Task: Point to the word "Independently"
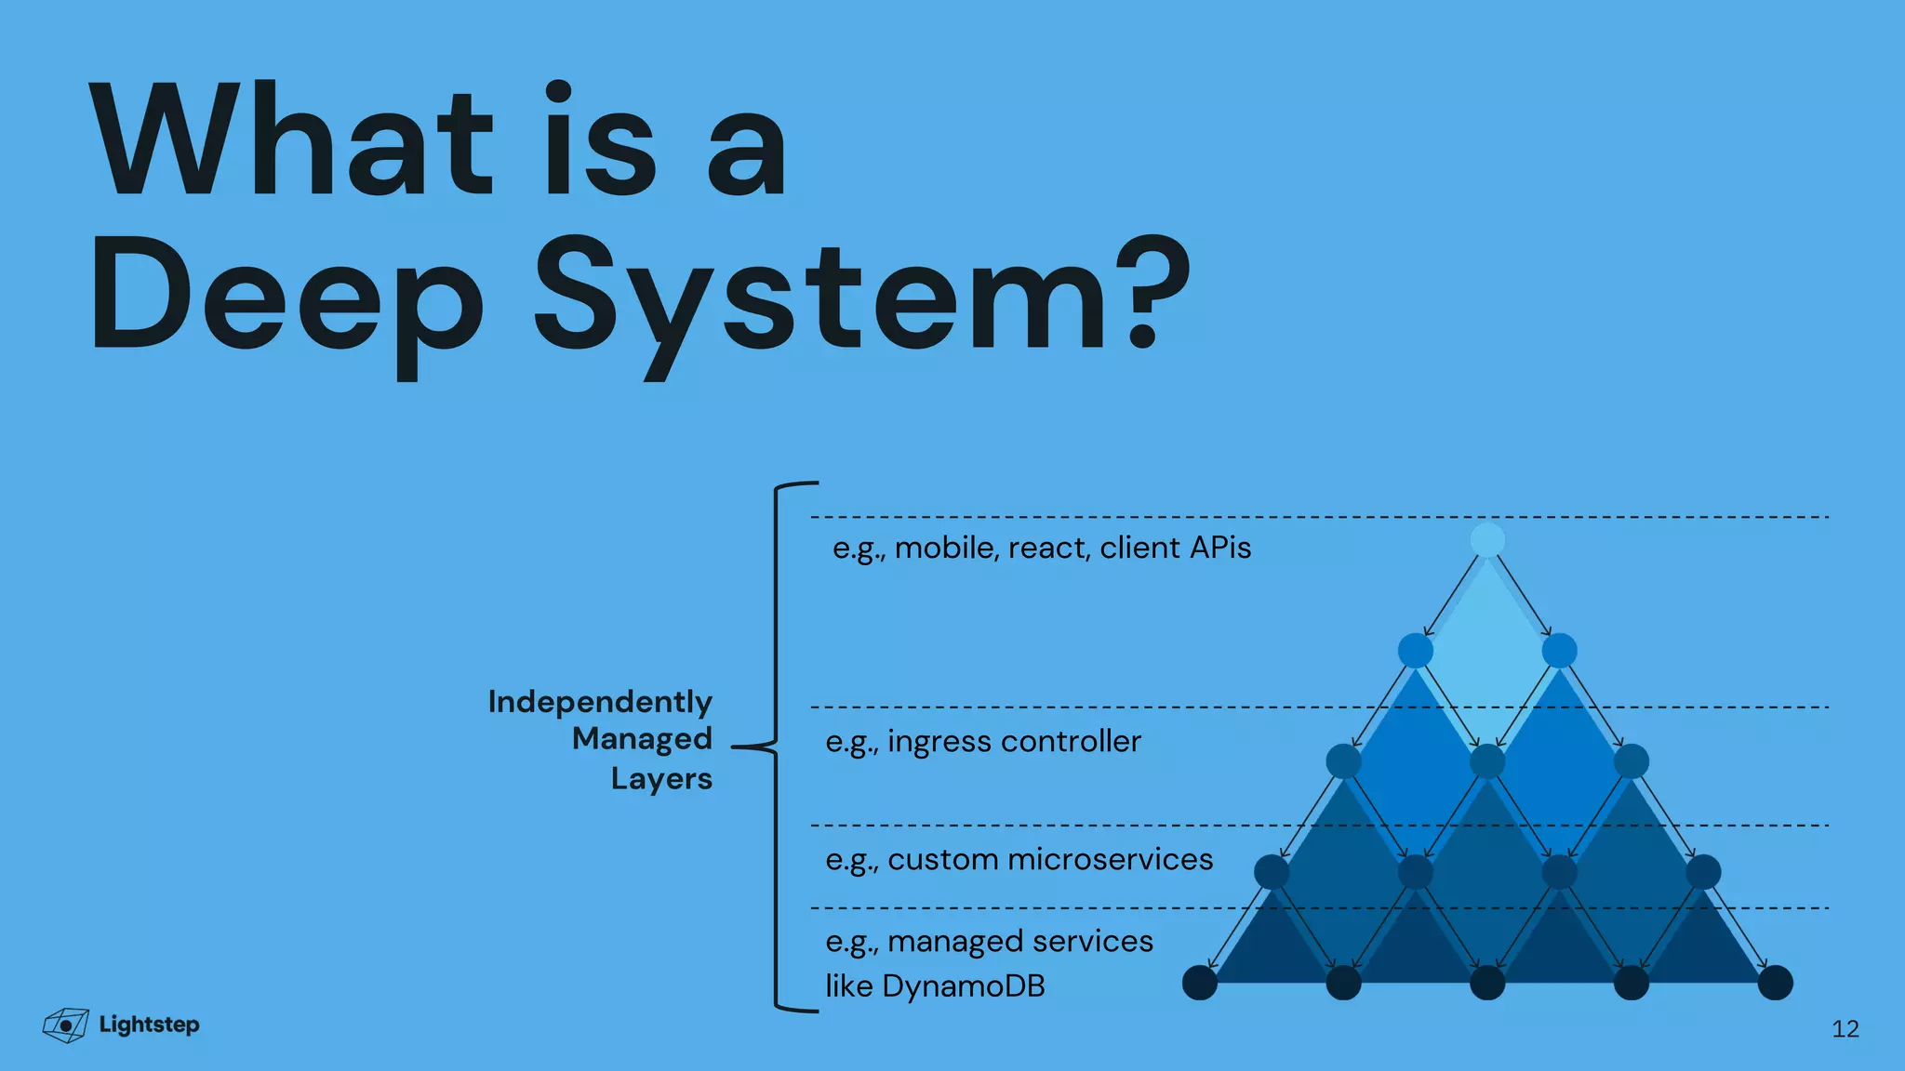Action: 600,702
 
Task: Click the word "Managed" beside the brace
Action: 642,739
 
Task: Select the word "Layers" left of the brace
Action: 661,778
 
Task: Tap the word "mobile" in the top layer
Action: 945,548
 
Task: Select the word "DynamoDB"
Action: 963,985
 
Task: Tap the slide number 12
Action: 1845,1028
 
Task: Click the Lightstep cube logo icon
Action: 65,1025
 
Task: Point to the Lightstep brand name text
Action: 149,1025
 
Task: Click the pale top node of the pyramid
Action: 1487,540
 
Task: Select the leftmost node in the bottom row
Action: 1200,983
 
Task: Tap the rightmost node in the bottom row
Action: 1775,983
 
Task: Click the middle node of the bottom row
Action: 1487,983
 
